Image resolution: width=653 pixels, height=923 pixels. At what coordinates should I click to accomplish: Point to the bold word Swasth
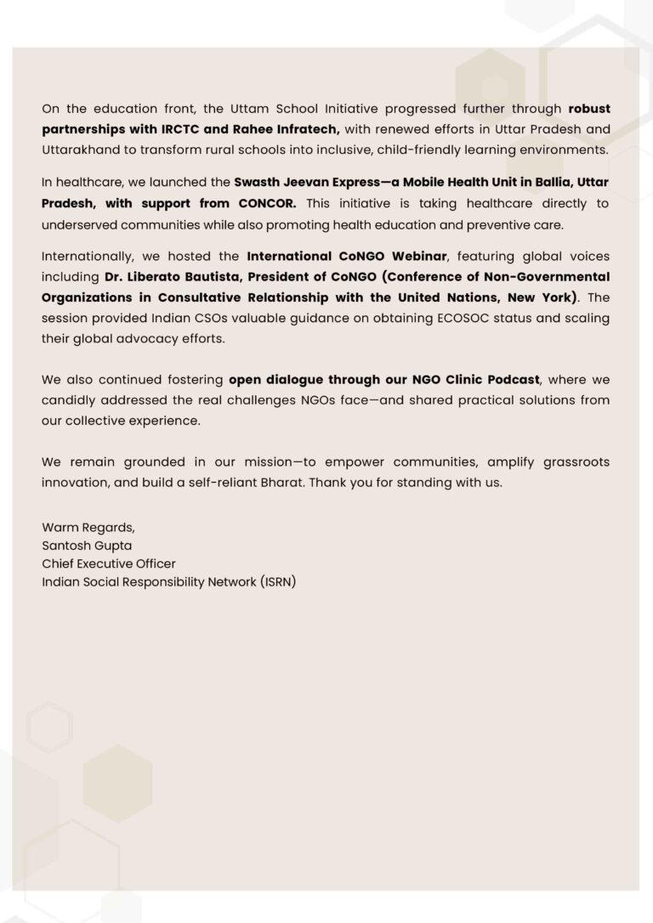pos(258,183)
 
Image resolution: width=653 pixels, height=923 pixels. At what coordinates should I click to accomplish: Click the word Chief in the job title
pos(58,563)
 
